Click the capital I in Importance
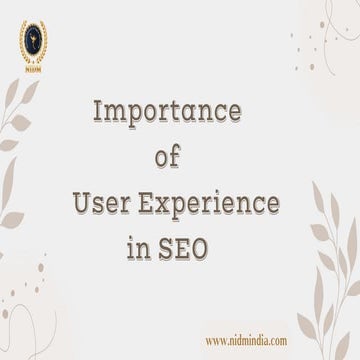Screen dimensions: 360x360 tap(95, 112)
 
